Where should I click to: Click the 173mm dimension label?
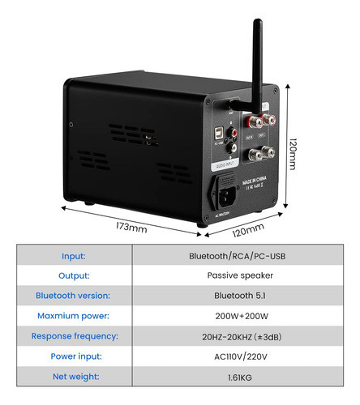coord(130,228)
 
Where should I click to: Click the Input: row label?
coord(74,256)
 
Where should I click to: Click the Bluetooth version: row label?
coord(74,296)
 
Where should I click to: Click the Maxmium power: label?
coord(74,316)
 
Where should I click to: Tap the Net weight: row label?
coord(74,377)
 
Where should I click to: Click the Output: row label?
coord(74,275)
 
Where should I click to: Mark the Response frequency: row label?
coord(74,336)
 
